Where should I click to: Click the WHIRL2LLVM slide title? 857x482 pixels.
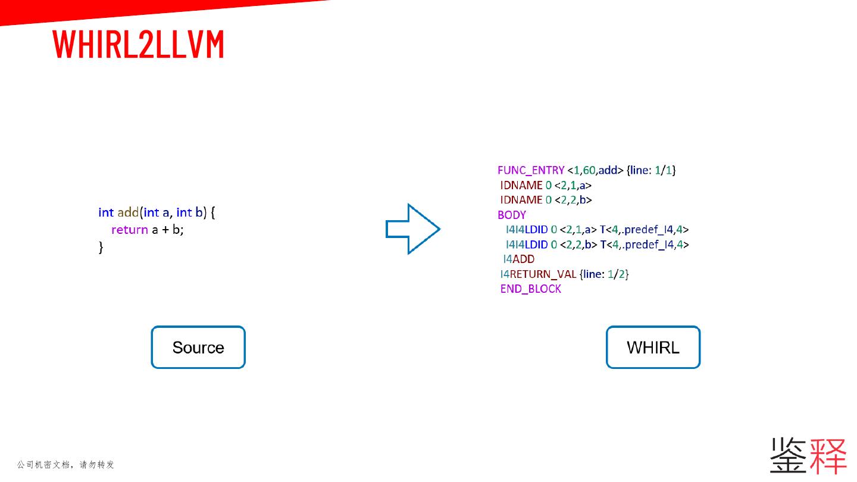pos(138,45)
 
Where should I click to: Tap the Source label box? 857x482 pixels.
pos(198,348)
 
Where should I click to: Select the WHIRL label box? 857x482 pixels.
pos(653,348)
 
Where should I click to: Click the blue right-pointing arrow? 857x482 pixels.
pos(413,229)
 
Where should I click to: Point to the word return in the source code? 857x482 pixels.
pos(129,230)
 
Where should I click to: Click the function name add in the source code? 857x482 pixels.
pos(128,212)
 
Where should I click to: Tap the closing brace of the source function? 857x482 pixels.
pos(101,247)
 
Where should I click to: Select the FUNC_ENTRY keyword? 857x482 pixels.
pos(531,170)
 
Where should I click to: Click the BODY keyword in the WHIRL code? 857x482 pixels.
pos(512,215)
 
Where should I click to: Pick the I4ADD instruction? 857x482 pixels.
pos(519,259)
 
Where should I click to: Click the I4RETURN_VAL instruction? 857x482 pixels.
pos(538,274)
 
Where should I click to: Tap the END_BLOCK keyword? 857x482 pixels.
pos(531,289)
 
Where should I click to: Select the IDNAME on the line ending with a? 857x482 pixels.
pos(521,185)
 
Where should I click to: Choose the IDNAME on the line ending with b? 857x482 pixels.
pos(521,200)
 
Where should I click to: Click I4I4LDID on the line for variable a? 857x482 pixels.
pos(527,230)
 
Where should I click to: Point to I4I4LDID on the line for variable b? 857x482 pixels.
pos(527,245)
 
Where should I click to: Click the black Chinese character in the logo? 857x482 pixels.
pos(788,456)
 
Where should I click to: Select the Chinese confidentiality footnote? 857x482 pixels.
pos(65,464)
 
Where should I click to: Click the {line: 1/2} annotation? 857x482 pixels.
pos(604,274)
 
